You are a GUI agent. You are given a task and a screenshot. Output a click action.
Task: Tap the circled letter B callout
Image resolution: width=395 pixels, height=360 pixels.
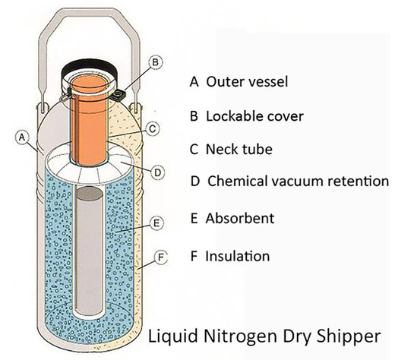tap(155, 61)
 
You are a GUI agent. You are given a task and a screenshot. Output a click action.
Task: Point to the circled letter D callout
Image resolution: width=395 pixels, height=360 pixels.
tap(157, 172)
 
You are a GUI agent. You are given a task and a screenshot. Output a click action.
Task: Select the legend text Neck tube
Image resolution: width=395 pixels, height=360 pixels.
tap(234, 149)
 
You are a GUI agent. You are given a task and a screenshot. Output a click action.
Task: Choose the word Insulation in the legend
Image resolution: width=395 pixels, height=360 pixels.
tap(239, 256)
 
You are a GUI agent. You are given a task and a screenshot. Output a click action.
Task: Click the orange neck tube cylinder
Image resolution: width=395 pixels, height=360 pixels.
tap(90, 122)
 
